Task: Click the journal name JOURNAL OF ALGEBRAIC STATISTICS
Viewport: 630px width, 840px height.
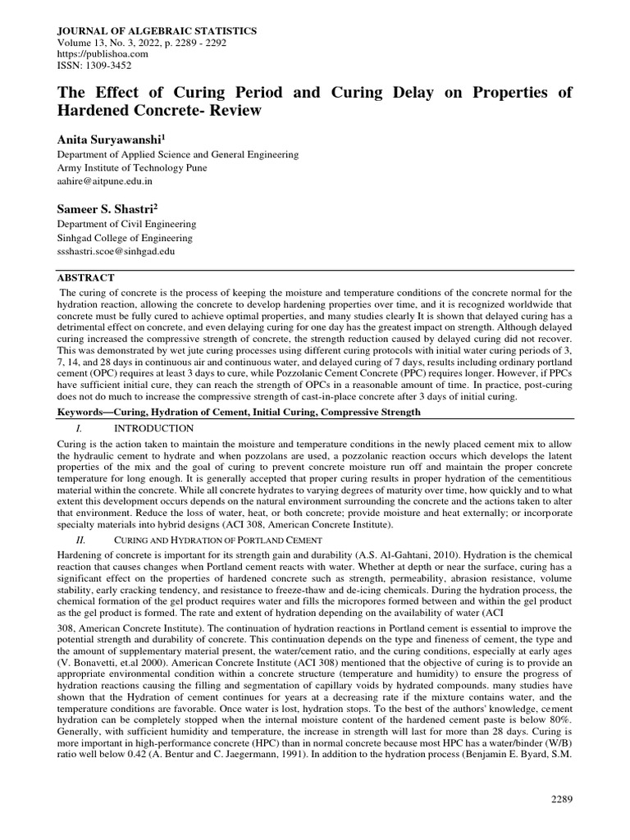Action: click(156, 30)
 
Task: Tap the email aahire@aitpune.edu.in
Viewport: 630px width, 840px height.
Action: click(104, 180)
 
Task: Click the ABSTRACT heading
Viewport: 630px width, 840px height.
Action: click(85, 278)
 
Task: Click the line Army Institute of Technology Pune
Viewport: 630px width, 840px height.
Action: click(131, 167)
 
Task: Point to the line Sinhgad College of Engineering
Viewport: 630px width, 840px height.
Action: click(124, 238)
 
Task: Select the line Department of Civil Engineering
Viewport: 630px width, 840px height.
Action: click(126, 224)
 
